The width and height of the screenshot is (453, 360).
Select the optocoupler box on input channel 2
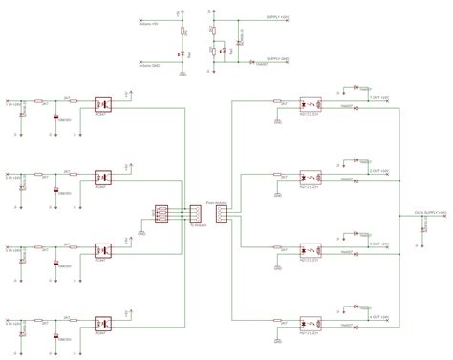104,177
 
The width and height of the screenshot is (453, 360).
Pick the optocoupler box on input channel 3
104,249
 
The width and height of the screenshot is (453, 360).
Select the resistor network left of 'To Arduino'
162,213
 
